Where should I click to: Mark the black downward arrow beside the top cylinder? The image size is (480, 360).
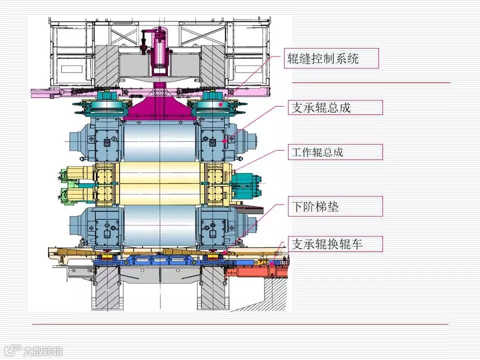[x=143, y=42]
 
